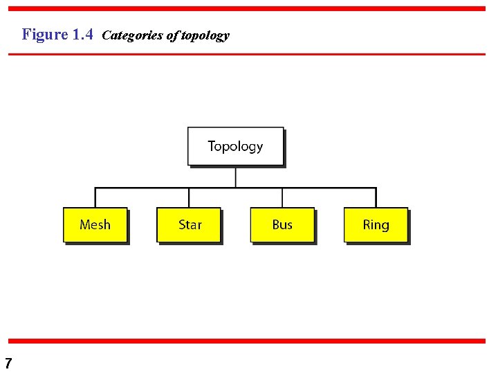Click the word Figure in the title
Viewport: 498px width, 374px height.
point(45,34)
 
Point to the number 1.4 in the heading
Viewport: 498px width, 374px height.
point(82,34)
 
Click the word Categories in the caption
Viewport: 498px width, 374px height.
point(133,35)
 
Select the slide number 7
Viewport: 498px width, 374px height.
point(8,363)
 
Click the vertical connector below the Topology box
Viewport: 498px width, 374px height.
point(236,177)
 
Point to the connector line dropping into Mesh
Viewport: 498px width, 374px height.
point(95,197)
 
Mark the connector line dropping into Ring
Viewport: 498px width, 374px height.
point(376,197)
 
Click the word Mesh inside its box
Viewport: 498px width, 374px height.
point(95,224)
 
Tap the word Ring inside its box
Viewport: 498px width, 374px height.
point(376,224)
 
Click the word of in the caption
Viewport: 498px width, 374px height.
point(172,35)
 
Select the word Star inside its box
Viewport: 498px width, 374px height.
point(190,224)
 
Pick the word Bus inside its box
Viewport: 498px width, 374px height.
point(282,224)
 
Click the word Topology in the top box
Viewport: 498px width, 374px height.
point(235,146)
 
